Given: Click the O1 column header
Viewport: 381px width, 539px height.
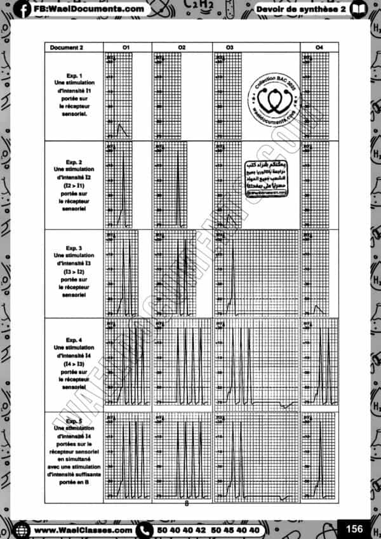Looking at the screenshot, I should pyautogui.click(x=126, y=48).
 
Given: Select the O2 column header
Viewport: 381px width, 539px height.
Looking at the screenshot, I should pyautogui.click(x=182, y=48).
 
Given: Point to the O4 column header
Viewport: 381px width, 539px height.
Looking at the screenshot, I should pyautogui.click(x=319, y=48).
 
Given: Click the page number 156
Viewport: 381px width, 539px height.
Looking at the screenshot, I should pyautogui.click(x=353, y=528).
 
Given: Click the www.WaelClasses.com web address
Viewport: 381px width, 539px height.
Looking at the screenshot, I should pyautogui.click(x=83, y=529).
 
